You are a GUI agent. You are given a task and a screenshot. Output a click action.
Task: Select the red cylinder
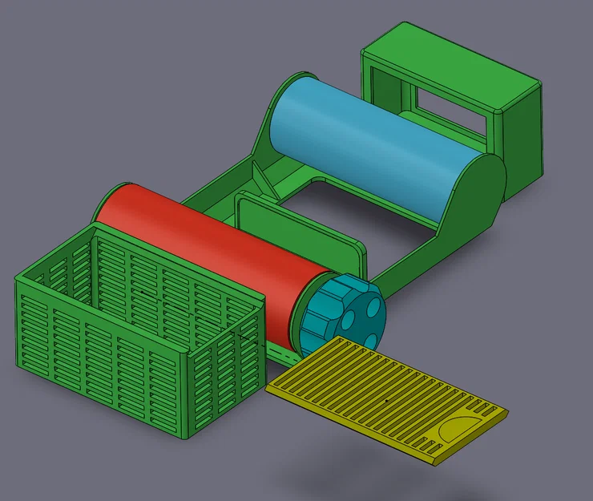[x=208, y=257]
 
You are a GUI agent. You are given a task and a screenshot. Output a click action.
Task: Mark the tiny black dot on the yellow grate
[x=385, y=398]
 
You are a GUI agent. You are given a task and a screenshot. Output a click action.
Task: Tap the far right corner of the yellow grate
[x=507, y=410]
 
